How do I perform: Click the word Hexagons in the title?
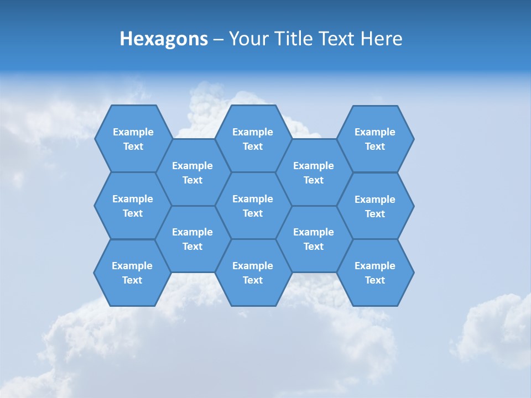[164, 39]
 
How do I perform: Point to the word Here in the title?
[381, 39]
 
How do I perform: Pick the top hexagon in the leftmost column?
[133, 139]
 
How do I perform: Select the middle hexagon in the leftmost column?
[133, 206]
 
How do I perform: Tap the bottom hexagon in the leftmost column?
[132, 273]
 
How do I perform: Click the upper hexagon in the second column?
[192, 172]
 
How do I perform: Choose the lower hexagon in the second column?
[192, 239]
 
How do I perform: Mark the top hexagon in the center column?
[253, 139]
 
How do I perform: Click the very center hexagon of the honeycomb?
[253, 206]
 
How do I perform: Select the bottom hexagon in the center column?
[253, 273]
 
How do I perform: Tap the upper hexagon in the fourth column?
[314, 172]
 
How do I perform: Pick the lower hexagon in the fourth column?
[314, 239]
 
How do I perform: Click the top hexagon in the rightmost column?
[375, 139]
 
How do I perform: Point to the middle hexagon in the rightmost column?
[375, 206]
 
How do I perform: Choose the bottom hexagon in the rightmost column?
[375, 273]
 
